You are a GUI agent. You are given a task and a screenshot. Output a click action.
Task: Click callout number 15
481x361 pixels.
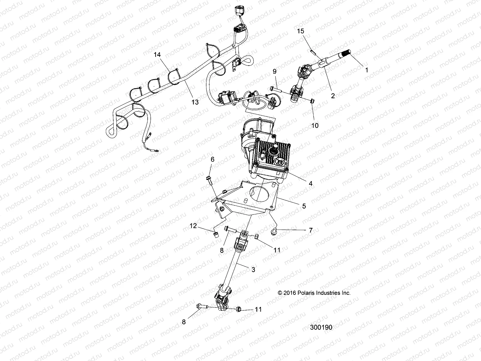(x=301, y=31)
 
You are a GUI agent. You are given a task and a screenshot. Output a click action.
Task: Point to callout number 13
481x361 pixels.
(x=195, y=102)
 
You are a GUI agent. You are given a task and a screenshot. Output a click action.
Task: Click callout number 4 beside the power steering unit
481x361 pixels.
(x=311, y=183)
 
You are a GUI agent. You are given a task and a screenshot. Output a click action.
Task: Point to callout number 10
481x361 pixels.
(x=314, y=125)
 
